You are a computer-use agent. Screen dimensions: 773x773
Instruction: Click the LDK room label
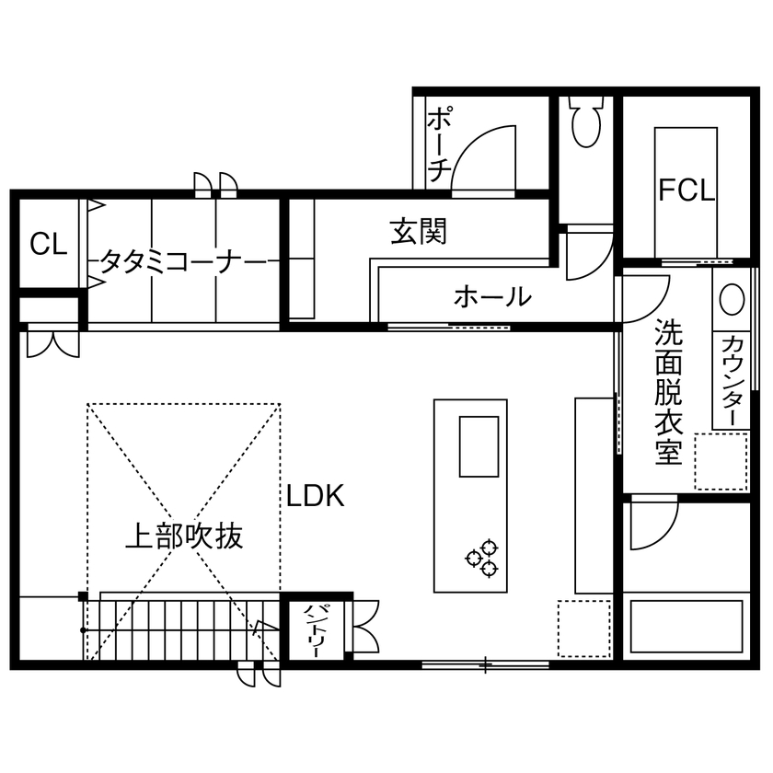click(x=314, y=497)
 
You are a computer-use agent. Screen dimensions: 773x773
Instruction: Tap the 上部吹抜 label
click(x=184, y=536)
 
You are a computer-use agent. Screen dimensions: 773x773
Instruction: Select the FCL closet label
click(x=686, y=190)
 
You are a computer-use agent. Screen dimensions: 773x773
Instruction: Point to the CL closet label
click(x=48, y=244)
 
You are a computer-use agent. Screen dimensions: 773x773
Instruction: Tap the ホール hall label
click(x=492, y=296)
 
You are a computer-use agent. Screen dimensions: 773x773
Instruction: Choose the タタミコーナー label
click(x=183, y=262)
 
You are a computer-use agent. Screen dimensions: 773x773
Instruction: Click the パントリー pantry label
click(x=314, y=630)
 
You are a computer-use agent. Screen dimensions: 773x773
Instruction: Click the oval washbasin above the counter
click(x=733, y=300)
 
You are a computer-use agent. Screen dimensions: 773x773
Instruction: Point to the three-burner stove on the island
click(x=484, y=559)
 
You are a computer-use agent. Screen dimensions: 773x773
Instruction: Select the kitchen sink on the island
click(x=479, y=446)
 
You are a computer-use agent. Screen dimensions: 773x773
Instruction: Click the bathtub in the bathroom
click(x=686, y=628)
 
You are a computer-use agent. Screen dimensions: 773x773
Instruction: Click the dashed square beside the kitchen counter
click(x=583, y=629)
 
